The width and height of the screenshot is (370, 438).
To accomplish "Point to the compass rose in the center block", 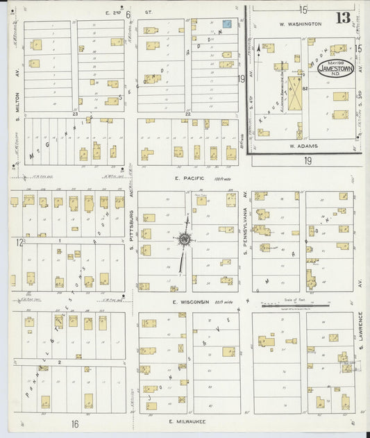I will pos(185,240).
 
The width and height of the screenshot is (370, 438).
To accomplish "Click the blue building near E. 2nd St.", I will pos(226,24).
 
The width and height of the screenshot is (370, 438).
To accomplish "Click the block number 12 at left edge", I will pos(21,243).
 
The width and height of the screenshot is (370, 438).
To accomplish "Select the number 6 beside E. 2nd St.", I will pos(128,14).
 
